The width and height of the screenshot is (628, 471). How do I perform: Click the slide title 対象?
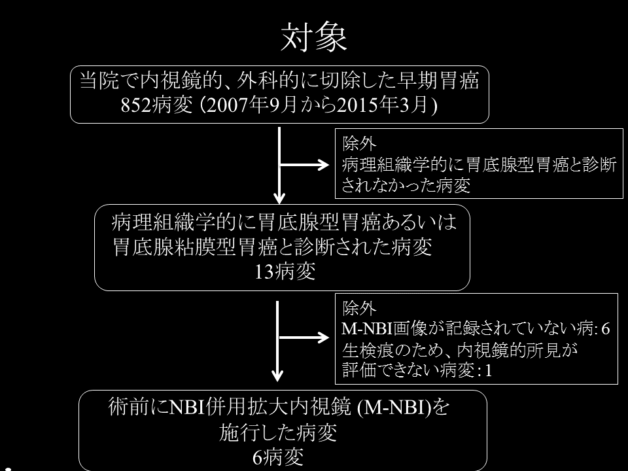click(313, 37)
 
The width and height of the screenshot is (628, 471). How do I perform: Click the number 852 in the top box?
click(136, 105)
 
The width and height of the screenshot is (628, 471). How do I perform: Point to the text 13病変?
click(285, 271)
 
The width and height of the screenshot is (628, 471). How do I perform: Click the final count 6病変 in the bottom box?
click(277, 457)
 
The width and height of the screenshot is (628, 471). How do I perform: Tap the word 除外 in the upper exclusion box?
click(359, 143)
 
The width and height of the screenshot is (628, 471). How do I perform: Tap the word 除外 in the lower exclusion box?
click(359, 308)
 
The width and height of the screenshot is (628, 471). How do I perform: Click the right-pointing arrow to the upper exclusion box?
click(304, 165)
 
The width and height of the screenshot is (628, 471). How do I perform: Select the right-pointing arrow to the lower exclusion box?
click(304, 338)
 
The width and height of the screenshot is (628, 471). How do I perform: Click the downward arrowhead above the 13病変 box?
click(279, 198)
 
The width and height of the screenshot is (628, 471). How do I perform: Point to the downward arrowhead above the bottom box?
click(277, 375)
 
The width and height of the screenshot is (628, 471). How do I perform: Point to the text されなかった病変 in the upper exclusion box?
click(406, 185)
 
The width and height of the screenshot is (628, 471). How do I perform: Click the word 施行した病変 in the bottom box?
click(278, 433)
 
